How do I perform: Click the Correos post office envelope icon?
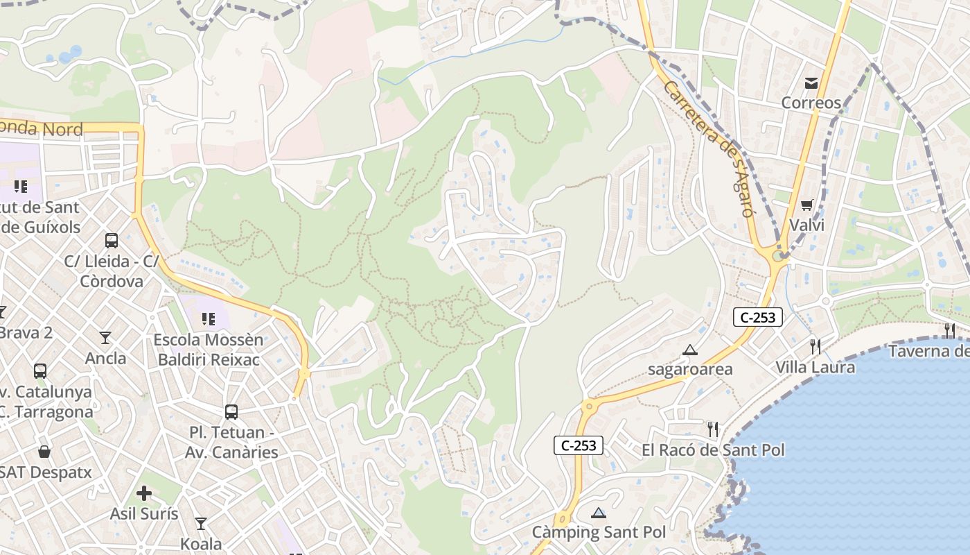[x=811, y=83]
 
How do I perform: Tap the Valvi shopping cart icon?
[x=806, y=205]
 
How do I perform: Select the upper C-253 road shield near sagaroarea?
[x=758, y=318]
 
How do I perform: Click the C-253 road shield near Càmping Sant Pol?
[x=579, y=445]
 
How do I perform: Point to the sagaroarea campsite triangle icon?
[x=689, y=350]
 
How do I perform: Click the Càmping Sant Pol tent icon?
[x=599, y=513]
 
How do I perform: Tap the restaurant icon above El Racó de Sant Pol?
[x=713, y=429]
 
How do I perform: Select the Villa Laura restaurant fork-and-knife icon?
[x=815, y=346]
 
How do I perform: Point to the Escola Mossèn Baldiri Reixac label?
[x=209, y=350]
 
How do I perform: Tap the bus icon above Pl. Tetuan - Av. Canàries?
[x=231, y=412]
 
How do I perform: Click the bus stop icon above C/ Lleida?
[x=112, y=241]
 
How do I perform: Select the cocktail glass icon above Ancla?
[x=105, y=338]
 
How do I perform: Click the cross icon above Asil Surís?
[x=144, y=493]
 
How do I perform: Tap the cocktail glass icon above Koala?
[x=201, y=523]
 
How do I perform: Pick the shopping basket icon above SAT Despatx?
[x=44, y=452]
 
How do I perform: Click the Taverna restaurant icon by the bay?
[x=949, y=330]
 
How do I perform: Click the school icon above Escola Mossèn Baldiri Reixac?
[x=208, y=319]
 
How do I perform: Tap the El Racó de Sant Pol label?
[x=713, y=450]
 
